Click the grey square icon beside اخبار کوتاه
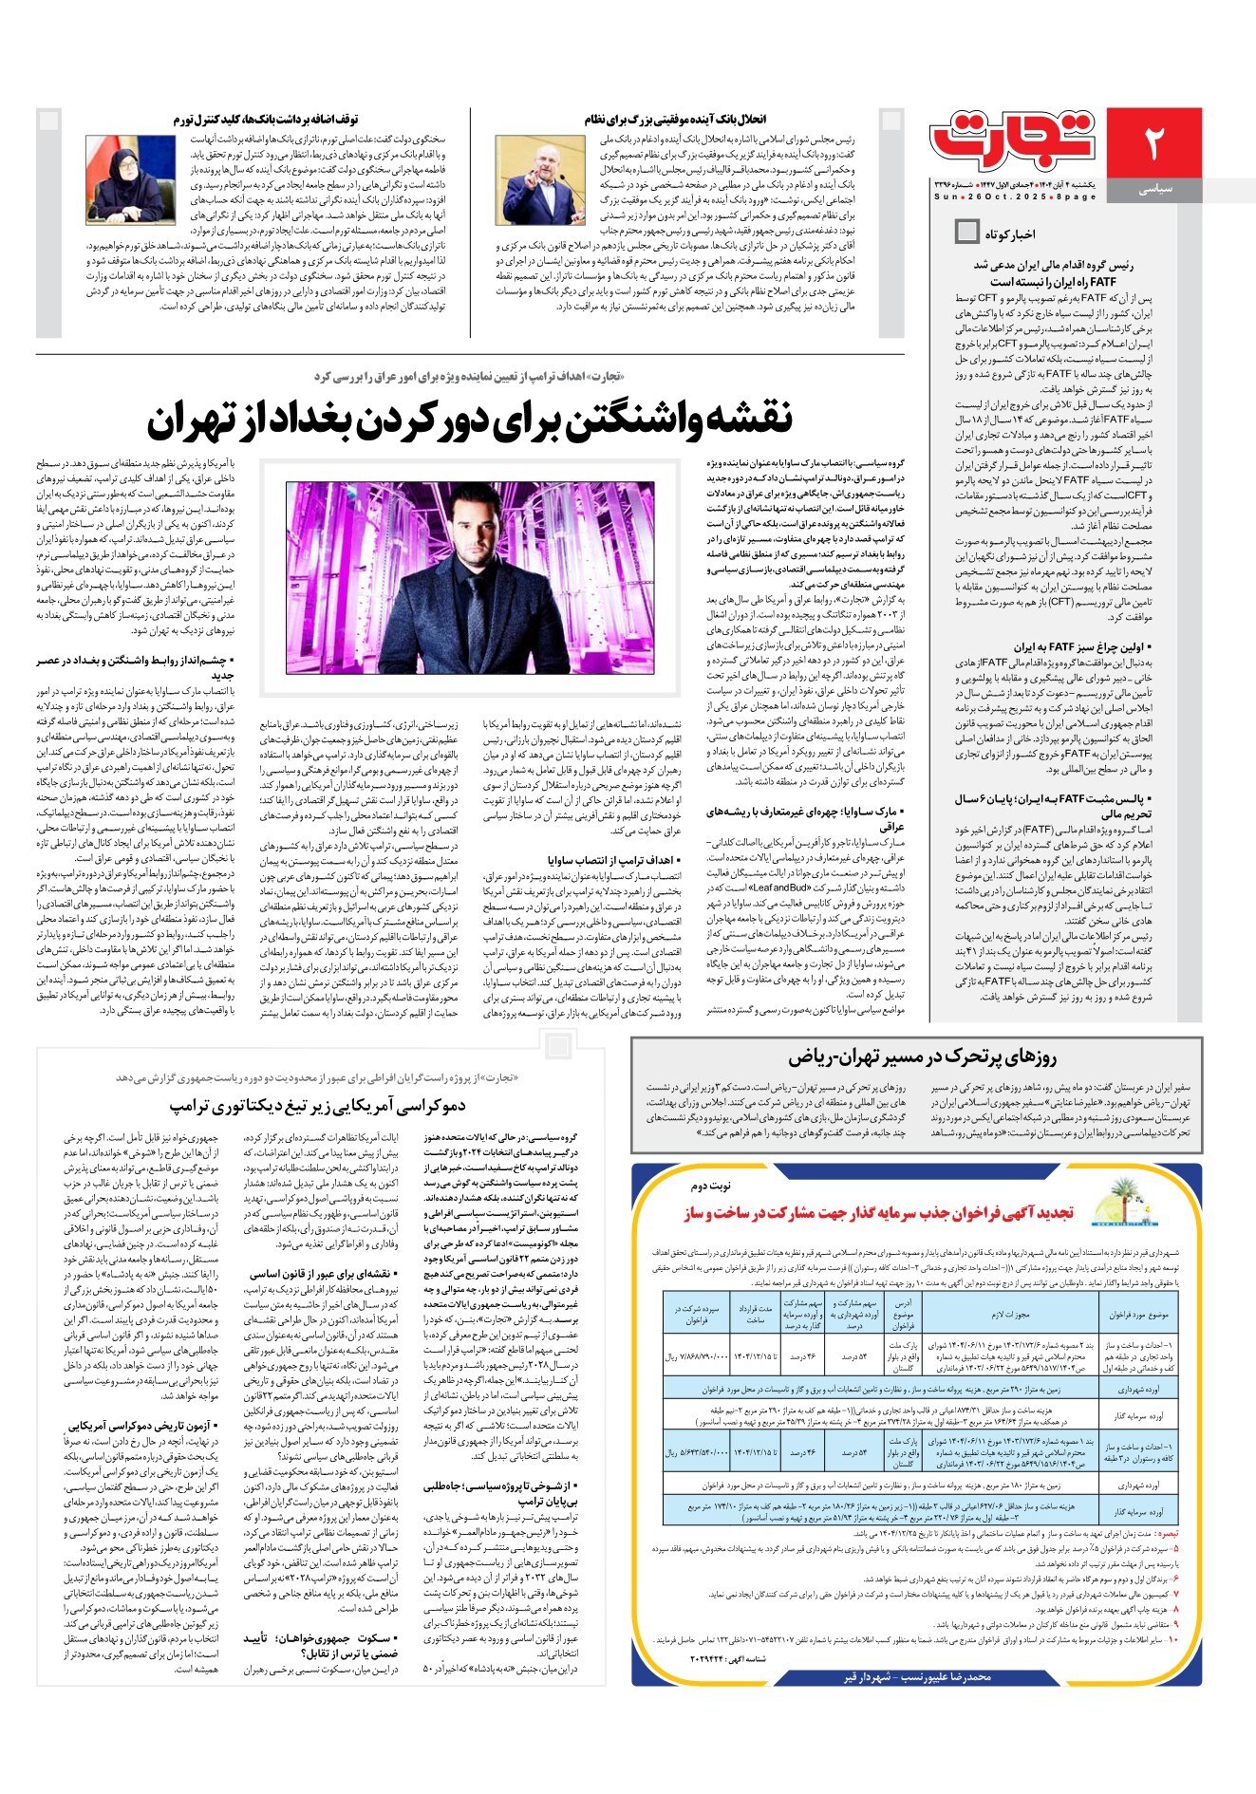click(x=966, y=231)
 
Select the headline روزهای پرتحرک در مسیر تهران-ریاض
click(x=921, y=1057)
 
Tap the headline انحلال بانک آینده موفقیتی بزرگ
click(x=674, y=120)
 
